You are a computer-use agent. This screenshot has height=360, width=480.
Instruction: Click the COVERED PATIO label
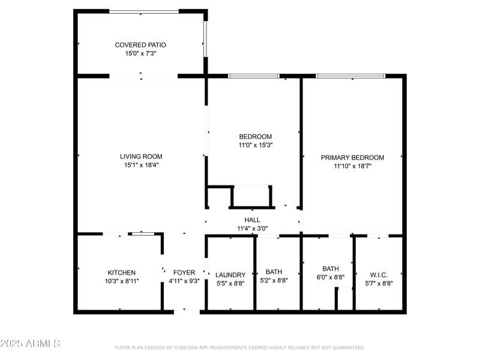pyautogui.click(x=140, y=45)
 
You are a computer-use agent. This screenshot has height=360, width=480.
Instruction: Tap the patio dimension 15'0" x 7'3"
pyautogui.click(x=140, y=53)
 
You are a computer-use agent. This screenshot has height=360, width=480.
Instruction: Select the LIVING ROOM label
pyautogui.click(x=141, y=157)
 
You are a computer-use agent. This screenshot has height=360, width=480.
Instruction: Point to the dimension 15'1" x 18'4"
pyautogui.click(x=141, y=165)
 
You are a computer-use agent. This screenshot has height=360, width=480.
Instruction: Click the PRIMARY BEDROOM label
pyautogui.click(x=352, y=158)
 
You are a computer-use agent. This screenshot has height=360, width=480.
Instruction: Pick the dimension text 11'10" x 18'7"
pyautogui.click(x=352, y=166)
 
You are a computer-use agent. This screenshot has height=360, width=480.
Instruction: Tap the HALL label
pyautogui.click(x=252, y=220)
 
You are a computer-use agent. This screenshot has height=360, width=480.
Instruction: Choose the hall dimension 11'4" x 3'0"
pyautogui.click(x=252, y=229)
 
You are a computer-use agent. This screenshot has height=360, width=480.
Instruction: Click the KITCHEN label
pyautogui.click(x=122, y=272)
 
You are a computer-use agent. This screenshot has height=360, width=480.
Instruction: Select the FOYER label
pyautogui.click(x=184, y=272)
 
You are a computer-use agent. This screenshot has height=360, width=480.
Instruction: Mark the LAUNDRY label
pyautogui.click(x=230, y=275)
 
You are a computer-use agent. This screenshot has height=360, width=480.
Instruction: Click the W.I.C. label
pyautogui.click(x=379, y=275)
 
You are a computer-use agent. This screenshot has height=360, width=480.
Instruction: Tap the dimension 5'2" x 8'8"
pyautogui.click(x=274, y=280)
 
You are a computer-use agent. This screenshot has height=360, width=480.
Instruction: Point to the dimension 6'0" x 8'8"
pyautogui.click(x=331, y=277)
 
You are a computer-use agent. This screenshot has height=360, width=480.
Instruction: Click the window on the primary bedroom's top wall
pyautogui.click(x=350, y=76)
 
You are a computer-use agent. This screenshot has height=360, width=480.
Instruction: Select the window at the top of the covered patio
pyautogui.click(x=144, y=11)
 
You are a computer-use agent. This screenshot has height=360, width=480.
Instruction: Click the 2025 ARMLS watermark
pyautogui.click(x=30, y=344)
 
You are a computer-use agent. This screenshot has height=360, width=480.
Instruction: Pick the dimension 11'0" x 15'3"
pyautogui.click(x=255, y=145)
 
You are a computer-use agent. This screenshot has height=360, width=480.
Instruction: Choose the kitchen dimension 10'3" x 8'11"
pyautogui.click(x=122, y=281)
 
